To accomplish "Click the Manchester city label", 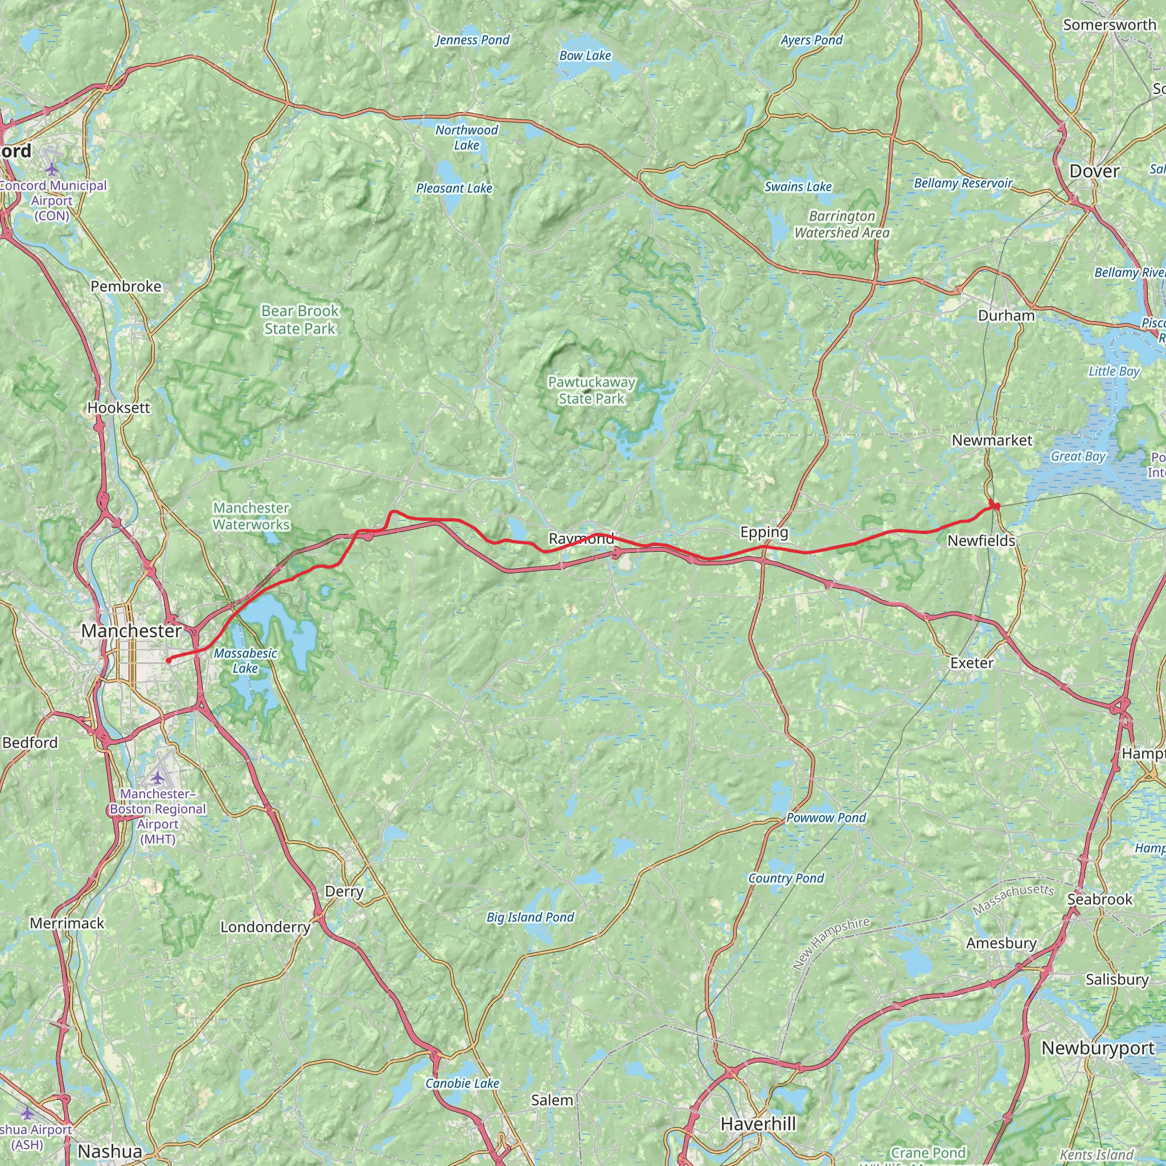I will pyautogui.click(x=131, y=631).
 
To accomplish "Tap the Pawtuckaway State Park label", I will pyautogui.click(x=592, y=391).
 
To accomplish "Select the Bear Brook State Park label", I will pyautogui.click(x=300, y=320).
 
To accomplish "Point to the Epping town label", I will pyautogui.click(x=764, y=532).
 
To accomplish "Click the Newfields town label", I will pyautogui.click(x=981, y=541).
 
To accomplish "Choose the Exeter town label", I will pyautogui.click(x=972, y=663).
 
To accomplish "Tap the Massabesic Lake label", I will pyautogui.click(x=245, y=661).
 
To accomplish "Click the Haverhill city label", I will pyautogui.click(x=758, y=1124).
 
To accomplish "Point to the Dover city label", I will pyautogui.click(x=1094, y=171).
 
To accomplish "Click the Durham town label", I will pyautogui.click(x=1006, y=315).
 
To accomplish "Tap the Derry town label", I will pyautogui.click(x=344, y=892).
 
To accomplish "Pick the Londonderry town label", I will pyautogui.click(x=265, y=926).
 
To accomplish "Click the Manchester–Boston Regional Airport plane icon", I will pyautogui.click(x=158, y=776).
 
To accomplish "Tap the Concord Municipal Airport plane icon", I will pyautogui.click(x=52, y=167).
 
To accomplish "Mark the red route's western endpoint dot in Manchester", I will pyautogui.click(x=169, y=660).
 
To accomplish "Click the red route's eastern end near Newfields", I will pyautogui.click(x=996, y=506).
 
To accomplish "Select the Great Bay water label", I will pyautogui.click(x=1078, y=456).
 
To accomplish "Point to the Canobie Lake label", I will pyautogui.click(x=462, y=1083).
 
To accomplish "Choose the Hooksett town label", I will pyautogui.click(x=119, y=408).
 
